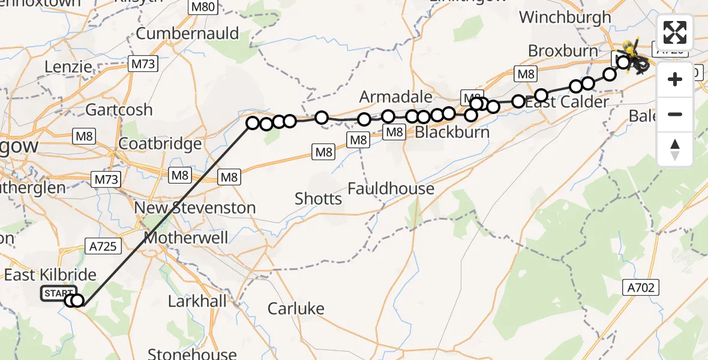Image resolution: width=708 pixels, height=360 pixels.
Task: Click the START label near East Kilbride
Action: pos(58,293)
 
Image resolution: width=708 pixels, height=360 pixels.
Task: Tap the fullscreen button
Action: pos(675,32)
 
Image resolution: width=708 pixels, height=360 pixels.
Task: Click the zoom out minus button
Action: pos(675,114)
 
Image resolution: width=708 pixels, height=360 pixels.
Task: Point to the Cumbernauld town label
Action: pos(187,33)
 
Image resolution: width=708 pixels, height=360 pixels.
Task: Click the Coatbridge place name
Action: pos(160,144)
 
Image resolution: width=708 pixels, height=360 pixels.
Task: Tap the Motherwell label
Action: pos(187,238)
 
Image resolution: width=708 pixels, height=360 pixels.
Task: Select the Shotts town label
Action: pos(318,199)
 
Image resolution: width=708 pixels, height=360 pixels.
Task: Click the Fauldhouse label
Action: pos(391,189)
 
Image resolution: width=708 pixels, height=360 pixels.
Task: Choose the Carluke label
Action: pos(296,309)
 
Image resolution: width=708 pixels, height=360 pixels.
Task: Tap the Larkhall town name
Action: pos(196,301)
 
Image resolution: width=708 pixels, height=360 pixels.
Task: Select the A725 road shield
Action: pos(103,245)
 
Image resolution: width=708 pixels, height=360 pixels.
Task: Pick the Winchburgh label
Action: pos(565,17)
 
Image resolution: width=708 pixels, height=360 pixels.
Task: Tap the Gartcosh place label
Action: pos(119,110)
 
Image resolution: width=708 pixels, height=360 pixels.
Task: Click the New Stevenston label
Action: pos(195,208)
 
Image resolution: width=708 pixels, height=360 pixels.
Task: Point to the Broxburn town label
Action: pos(563,51)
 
